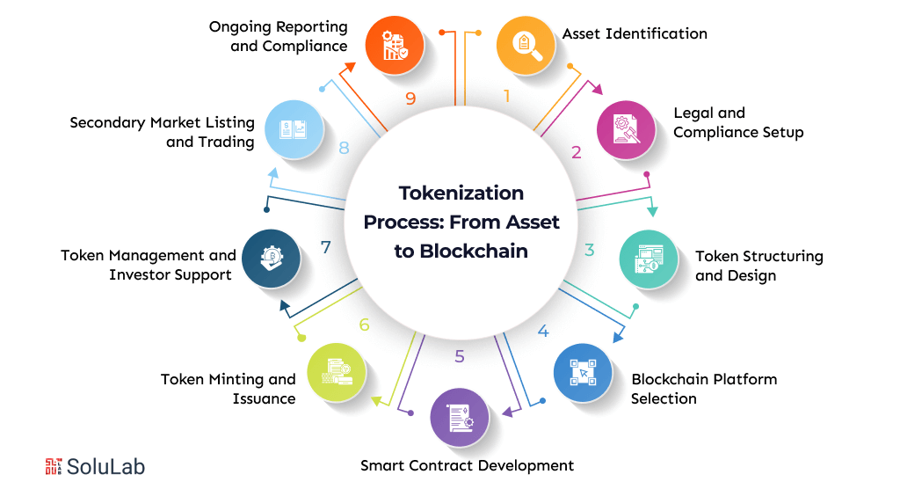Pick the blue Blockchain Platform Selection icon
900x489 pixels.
[582, 373]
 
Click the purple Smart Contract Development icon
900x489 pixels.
[459, 417]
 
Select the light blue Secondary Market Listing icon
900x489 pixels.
[293, 129]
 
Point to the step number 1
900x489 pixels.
[506, 97]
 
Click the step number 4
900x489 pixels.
[543, 332]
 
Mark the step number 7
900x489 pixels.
[326, 247]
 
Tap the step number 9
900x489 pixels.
[410, 98]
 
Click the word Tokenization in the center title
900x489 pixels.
[461, 193]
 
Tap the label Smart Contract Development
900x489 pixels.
[467, 465]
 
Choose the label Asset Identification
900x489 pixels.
[635, 33]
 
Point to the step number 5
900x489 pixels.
[460, 356]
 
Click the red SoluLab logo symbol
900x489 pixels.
[54, 466]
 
